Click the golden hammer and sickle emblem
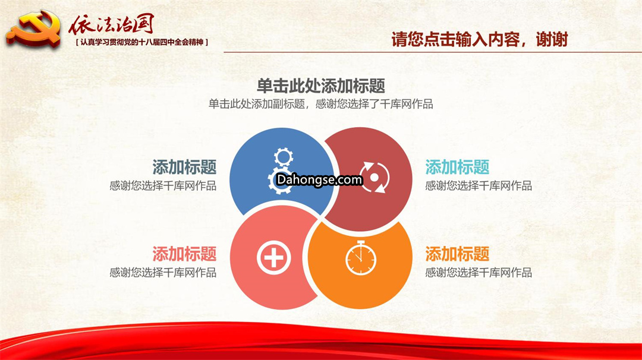click(33, 28)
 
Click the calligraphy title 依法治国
click(111, 24)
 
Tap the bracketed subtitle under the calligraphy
click(142, 42)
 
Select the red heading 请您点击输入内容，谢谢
click(480, 40)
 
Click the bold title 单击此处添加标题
click(320, 86)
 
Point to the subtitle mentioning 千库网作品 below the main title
click(320, 104)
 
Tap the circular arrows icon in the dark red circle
click(374, 177)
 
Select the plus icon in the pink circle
click(274, 258)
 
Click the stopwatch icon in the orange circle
click(361, 258)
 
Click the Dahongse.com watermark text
click(319, 179)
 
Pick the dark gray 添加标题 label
click(184, 167)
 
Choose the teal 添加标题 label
click(457, 167)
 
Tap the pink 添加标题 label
click(184, 254)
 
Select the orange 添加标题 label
click(457, 254)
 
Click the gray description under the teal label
click(479, 186)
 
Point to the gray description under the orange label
click(479, 273)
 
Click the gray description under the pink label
click(163, 273)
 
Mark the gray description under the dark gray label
click(163, 186)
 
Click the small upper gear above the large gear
click(284, 157)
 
